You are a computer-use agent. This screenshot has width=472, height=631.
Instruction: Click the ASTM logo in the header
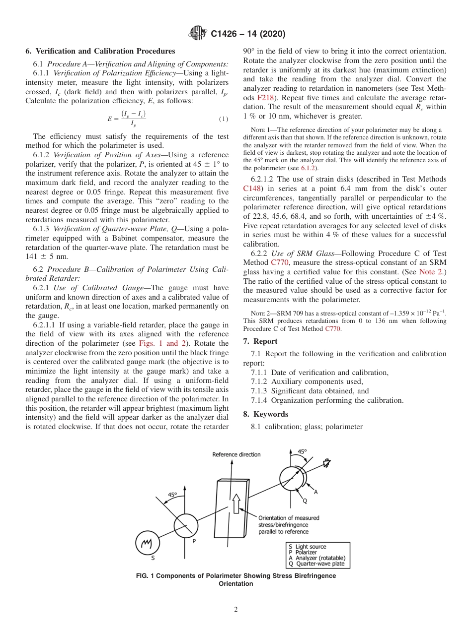click(x=198, y=34)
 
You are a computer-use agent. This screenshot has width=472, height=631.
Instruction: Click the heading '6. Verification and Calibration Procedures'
click(x=100, y=51)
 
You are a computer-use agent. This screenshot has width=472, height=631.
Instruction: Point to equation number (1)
click(x=223, y=119)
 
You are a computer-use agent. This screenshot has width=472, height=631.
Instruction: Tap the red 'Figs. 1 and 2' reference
click(x=167, y=343)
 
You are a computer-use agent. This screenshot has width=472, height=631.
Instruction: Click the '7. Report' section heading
click(x=260, y=341)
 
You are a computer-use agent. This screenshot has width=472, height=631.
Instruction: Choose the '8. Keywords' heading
click(x=266, y=414)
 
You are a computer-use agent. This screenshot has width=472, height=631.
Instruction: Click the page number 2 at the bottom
click(x=236, y=609)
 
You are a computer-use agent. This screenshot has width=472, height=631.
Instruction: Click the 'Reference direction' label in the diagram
click(x=236, y=454)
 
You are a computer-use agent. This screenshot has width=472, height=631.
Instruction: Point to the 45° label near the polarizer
click(x=172, y=495)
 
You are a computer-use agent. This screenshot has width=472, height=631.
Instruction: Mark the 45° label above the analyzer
click(x=302, y=452)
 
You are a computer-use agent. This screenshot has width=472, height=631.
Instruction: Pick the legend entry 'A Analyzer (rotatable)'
click(x=316, y=558)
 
